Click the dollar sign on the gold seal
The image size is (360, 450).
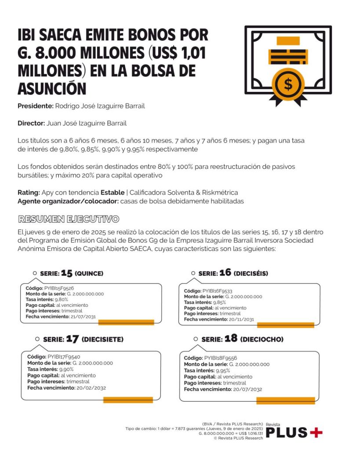(288, 84)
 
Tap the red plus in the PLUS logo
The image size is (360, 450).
(316, 432)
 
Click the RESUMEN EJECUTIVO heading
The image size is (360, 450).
(68, 219)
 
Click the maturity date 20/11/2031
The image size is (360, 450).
(241, 319)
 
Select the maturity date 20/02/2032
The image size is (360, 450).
(91, 388)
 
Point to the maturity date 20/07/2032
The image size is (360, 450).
(247, 389)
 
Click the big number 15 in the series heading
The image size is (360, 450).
(66, 273)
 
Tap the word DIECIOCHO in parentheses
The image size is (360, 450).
(262, 339)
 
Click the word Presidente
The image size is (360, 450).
(35, 106)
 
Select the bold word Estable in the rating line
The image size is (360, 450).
(112, 192)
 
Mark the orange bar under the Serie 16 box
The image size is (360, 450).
(285, 325)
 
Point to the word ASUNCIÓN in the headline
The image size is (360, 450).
(51, 88)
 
